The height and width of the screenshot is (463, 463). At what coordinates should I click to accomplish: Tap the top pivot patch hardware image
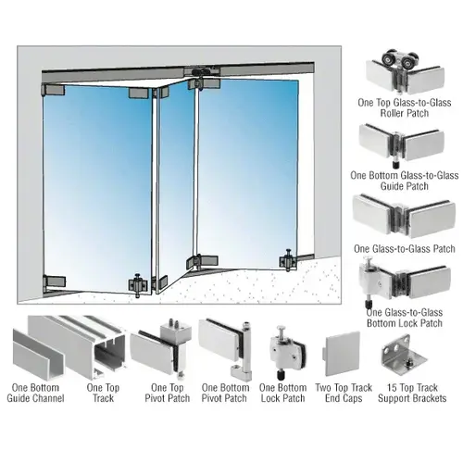point(162,347)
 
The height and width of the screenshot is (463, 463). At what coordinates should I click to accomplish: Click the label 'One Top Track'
point(103,393)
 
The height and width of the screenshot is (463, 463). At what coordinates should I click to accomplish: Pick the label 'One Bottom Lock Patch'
point(283,393)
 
